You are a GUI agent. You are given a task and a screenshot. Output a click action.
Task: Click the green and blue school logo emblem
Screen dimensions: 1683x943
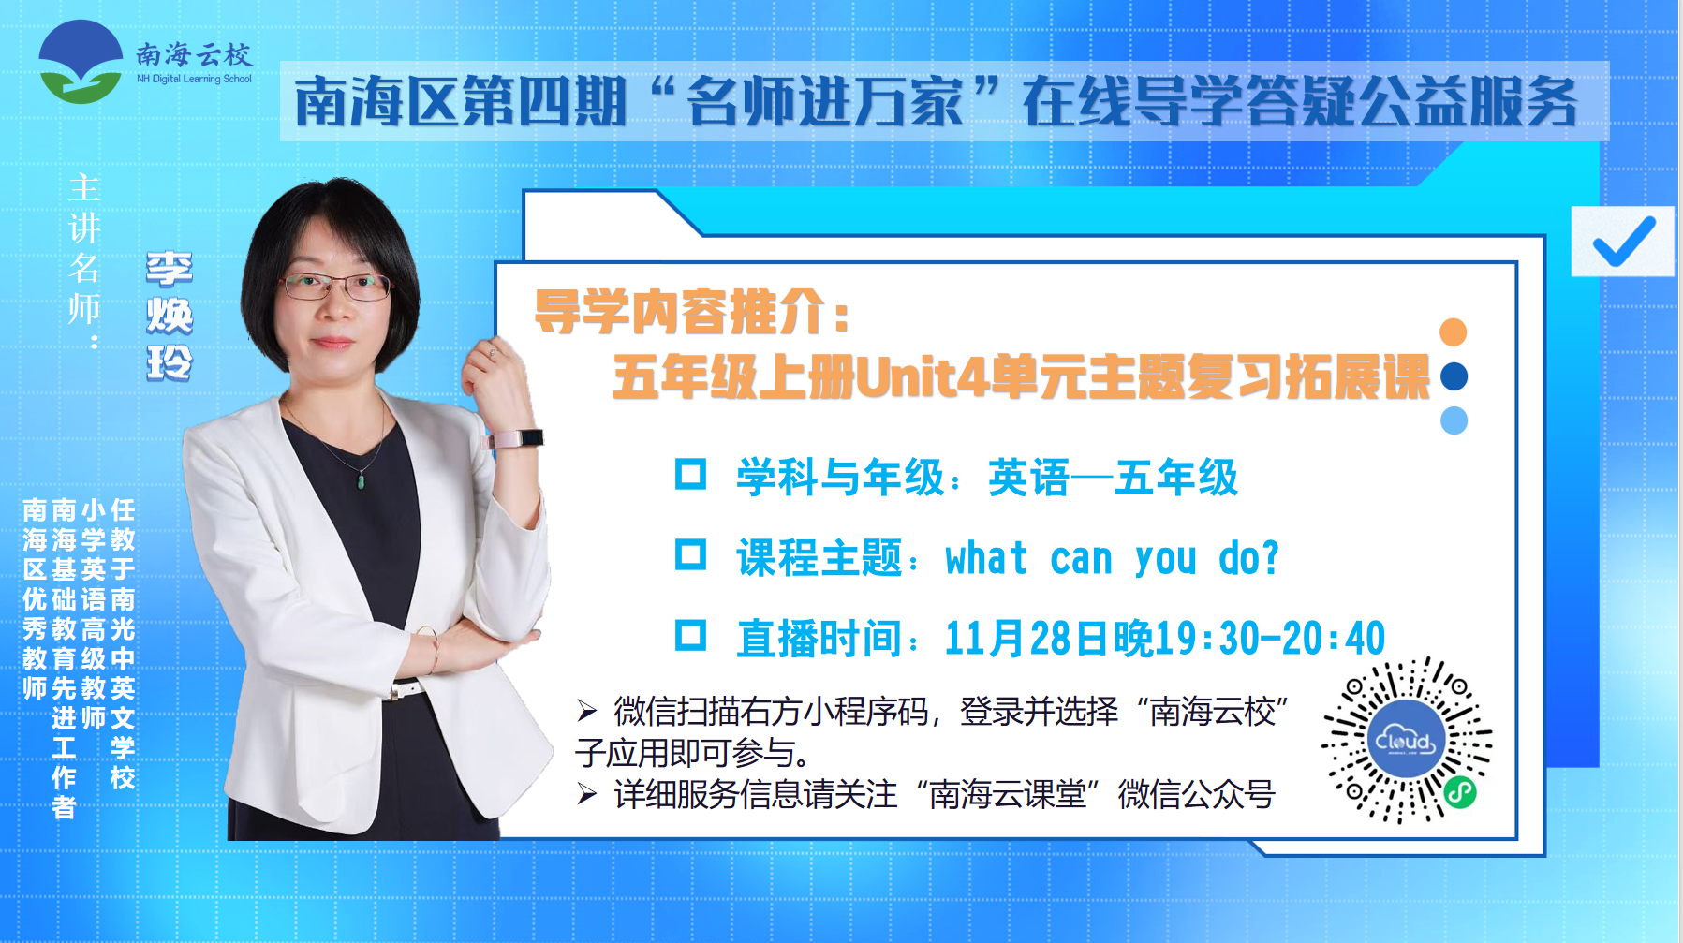point(81,62)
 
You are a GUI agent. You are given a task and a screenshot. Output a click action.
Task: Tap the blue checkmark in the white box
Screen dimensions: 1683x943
point(1624,241)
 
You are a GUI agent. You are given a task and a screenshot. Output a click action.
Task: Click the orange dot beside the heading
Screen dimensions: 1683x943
point(1453,332)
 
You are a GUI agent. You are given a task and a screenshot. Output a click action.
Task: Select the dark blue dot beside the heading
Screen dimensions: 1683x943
point(1454,376)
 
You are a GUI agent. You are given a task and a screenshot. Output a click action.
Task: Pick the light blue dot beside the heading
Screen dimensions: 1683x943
point(1454,420)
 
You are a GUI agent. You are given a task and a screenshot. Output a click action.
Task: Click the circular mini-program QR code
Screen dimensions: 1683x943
point(1406,741)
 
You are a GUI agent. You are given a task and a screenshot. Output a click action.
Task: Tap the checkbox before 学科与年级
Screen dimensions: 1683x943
point(690,474)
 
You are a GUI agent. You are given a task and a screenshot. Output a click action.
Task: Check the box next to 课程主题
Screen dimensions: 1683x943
point(690,555)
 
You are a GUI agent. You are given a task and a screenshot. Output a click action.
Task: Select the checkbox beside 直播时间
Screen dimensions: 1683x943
point(690,636)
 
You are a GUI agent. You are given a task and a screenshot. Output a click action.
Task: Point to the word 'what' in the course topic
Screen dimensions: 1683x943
point(986,558)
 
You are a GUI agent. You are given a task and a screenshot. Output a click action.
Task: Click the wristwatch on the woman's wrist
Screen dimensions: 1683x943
point(514,437)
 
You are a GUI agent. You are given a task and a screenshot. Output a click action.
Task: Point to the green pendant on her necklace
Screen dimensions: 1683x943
point(362,482)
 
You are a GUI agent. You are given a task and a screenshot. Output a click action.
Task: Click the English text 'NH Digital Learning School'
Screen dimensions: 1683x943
point(194,79)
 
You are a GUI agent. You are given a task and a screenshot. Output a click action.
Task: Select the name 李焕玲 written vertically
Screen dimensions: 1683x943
point(170,317)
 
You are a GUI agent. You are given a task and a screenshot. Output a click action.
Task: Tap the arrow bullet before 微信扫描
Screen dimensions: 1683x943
point(587,712)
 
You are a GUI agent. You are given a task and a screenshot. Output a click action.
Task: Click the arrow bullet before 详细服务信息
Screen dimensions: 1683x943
point(587,795)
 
